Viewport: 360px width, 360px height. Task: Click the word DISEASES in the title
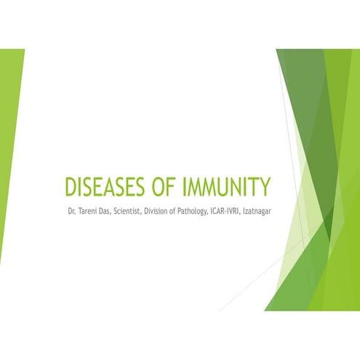(102, 187)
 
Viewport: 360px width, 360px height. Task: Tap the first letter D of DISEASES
(71, 187)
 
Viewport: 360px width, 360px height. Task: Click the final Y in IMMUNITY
(265, 187)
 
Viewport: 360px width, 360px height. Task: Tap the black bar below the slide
(180, 335)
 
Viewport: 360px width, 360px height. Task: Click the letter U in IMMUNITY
(221, 187)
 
